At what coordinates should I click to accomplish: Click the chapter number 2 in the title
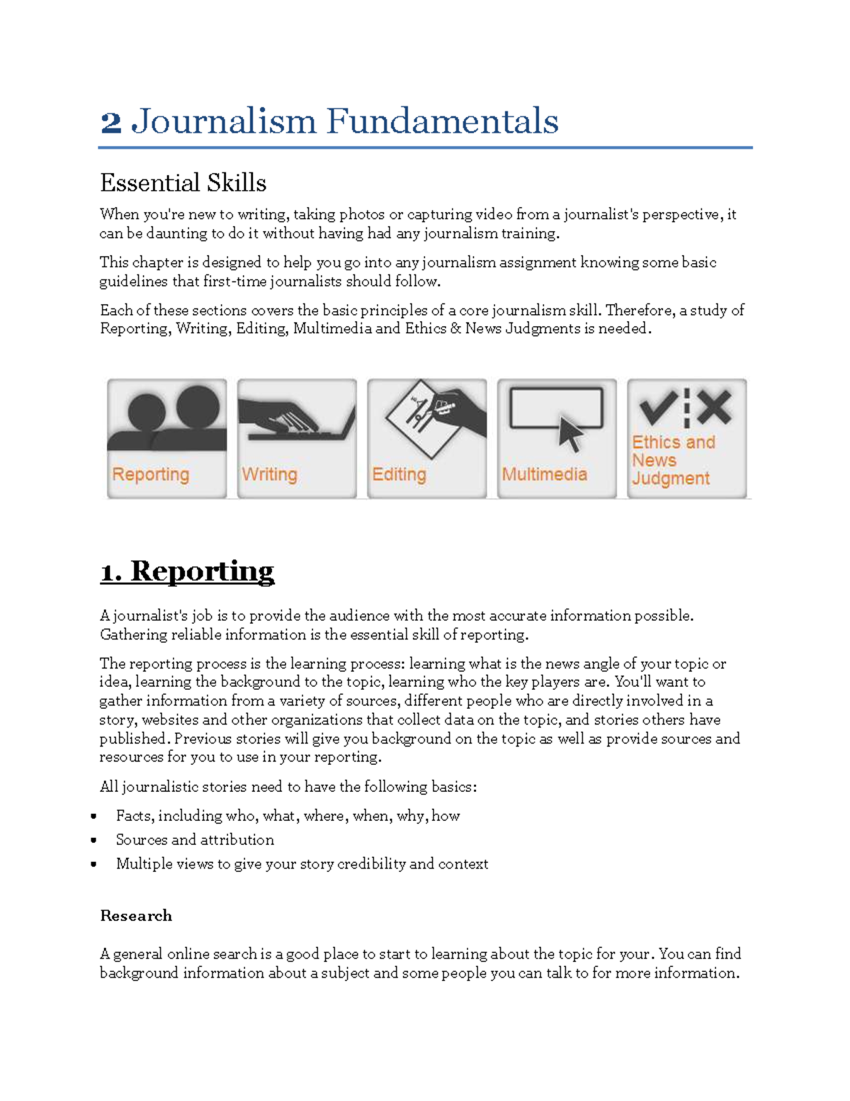(111, 122)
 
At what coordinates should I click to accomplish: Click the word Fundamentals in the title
(442, 121)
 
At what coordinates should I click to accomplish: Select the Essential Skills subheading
(183, 183)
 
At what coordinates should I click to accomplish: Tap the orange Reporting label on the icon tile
(151, 474)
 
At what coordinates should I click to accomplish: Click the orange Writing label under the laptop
(269, 474)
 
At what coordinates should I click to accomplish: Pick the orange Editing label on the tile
(399, 474)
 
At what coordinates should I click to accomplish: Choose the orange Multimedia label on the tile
(544, 474)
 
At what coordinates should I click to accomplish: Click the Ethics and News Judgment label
(672, 460)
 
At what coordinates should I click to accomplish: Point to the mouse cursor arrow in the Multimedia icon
(570, 433)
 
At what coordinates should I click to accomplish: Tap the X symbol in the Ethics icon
(713, 407)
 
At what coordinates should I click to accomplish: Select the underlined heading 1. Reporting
(187, 571)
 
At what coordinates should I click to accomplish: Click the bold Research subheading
(136, 916)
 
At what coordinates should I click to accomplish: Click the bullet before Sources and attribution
(93, 841)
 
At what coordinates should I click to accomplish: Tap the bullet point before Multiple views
(93, 865)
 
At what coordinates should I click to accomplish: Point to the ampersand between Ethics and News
(455, 329)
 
